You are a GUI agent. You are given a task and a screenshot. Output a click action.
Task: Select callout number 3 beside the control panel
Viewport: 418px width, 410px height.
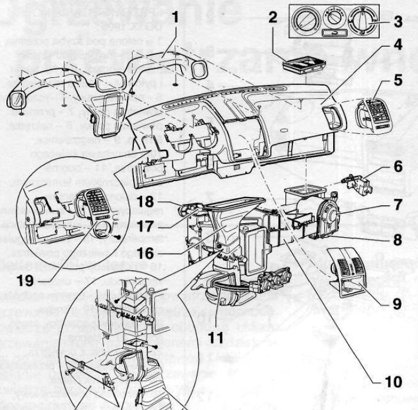[398, 22]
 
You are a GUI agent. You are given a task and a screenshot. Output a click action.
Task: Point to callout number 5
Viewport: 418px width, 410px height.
[398, 79]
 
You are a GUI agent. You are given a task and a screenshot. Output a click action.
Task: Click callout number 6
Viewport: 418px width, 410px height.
[398, 167]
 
